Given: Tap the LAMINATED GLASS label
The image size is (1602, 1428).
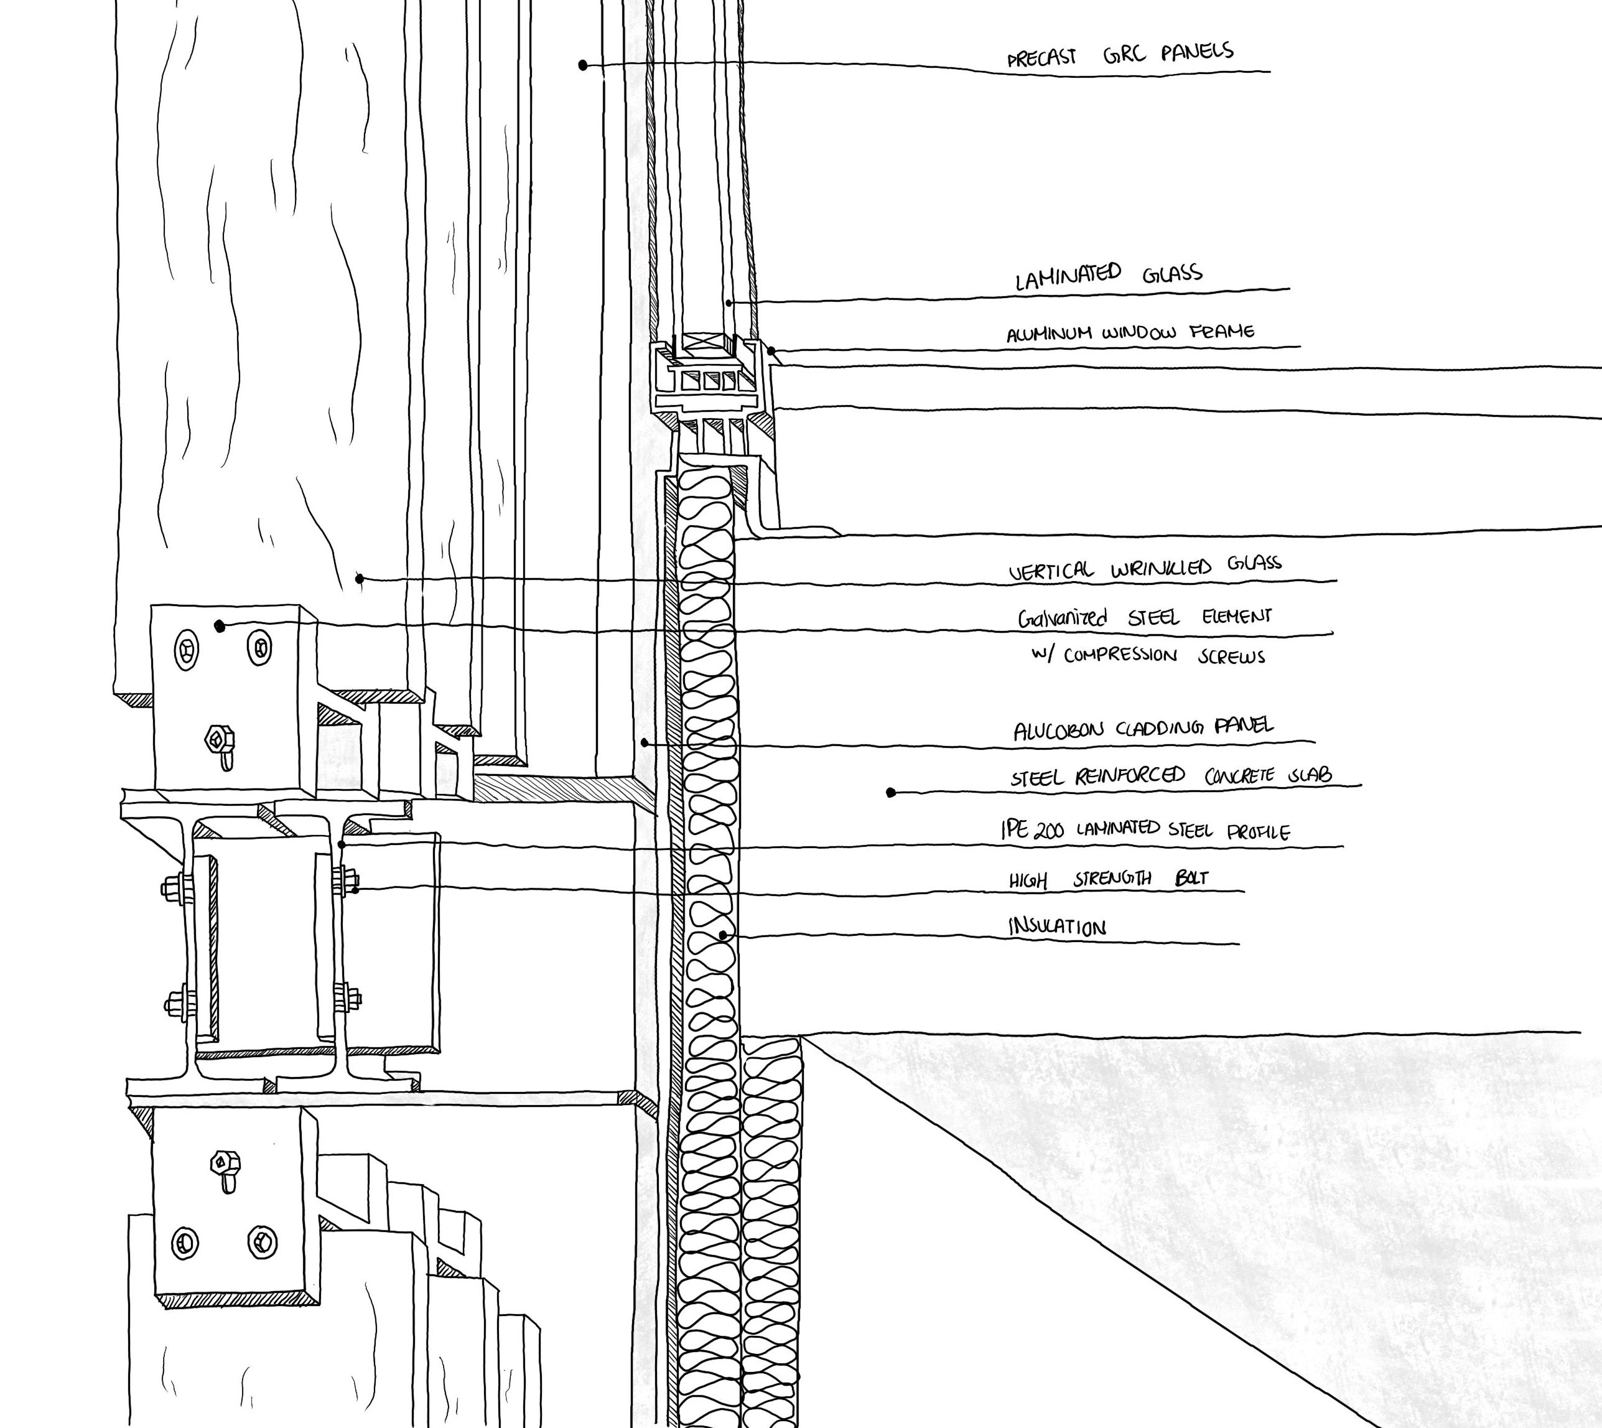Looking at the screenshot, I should [x=1108, y=276].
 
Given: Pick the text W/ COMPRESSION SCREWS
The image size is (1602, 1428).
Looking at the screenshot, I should [x=1148, y=656].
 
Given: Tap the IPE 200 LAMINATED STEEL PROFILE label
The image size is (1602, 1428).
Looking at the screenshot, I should [x=1145, y=830].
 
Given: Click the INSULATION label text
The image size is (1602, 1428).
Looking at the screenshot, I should [x=1057, y=927].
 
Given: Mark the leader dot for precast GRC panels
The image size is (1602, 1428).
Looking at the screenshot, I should [x=583, y=65].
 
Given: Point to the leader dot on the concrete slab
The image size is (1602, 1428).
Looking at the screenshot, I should [x=890, y=793].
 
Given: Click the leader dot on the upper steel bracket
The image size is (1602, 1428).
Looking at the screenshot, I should [x=220, y=625].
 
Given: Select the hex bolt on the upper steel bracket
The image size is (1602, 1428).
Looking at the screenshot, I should [x=216, y=739].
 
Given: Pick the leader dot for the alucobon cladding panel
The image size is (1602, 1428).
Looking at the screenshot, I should [x=644, y=742].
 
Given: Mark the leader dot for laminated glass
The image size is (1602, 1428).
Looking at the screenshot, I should [x=729, y=302].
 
